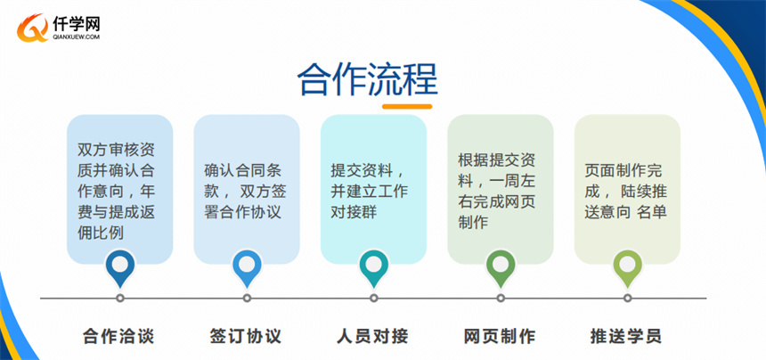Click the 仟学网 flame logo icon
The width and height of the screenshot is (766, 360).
click(x=32, y=28)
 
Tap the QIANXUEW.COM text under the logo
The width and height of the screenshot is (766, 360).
click(x=77, y=37)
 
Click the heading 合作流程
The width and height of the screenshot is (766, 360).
click(x=367, y=79)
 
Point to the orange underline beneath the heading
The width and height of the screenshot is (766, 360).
click(x=407, y=106)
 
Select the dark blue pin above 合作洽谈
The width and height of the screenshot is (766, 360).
click(x=120, y=268)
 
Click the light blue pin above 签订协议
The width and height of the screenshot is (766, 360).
click(x=247, y=268)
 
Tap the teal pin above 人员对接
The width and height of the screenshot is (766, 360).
click(x=374, y=268)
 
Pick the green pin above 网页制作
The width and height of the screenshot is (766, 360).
click(x=501, y=268)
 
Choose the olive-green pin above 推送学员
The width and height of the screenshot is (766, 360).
click(x=627, y=268)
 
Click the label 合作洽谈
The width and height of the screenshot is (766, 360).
click(x=118, y=336)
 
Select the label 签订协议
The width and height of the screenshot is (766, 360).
click(x=246, y=336)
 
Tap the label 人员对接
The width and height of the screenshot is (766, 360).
click(x=372, y=336)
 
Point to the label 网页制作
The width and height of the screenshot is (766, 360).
click(x=500, y=336)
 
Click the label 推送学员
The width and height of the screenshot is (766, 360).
click(x=626, y=336)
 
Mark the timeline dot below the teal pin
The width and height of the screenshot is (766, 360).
click(x=374, y=298)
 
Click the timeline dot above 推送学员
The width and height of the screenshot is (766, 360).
click(x=627, y=298)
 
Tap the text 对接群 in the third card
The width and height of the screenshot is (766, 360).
click(x=354, y=213)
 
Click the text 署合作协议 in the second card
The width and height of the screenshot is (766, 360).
click(x=242, y=213)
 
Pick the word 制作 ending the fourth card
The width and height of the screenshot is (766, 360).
click(x=473, y=223)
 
